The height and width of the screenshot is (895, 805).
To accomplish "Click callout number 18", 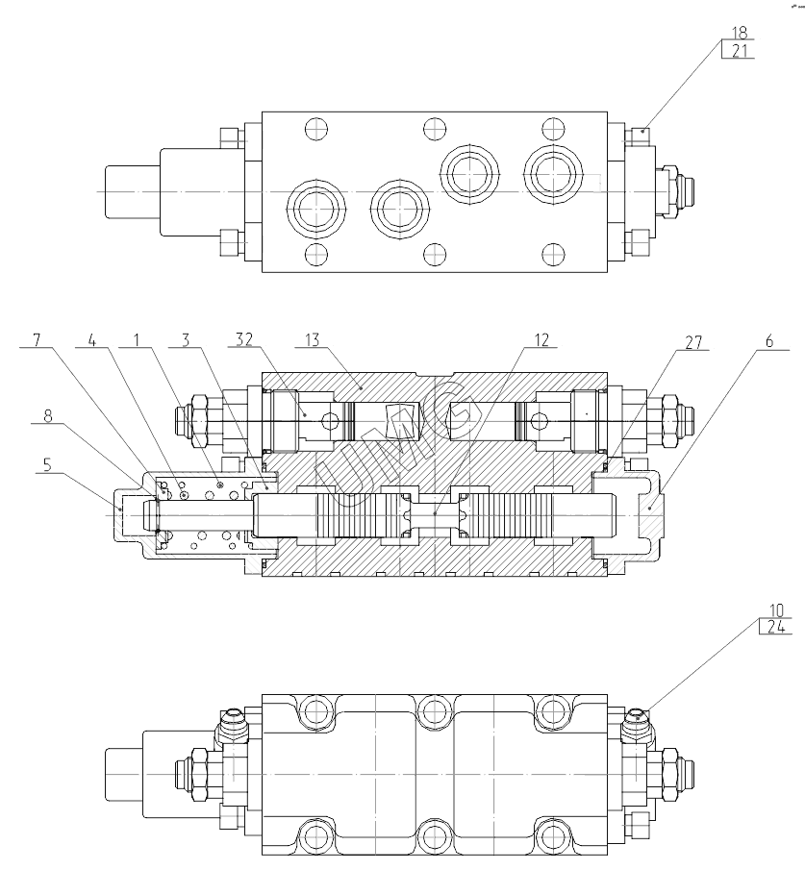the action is (740, 32).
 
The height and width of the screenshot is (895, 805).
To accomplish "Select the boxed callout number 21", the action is (740, 51).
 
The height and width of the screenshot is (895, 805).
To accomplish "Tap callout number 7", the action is (38, 340).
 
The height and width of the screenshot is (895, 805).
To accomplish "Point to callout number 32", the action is (244, 339).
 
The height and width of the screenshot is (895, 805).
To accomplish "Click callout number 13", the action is (313, 340).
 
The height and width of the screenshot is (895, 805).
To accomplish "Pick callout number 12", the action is (541, 340).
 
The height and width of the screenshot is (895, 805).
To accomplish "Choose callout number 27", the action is (693, 342).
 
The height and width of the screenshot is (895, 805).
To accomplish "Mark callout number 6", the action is (769, 341).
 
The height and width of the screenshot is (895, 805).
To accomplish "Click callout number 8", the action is (48, 416).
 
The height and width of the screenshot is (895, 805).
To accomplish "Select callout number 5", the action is (47, 465).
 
